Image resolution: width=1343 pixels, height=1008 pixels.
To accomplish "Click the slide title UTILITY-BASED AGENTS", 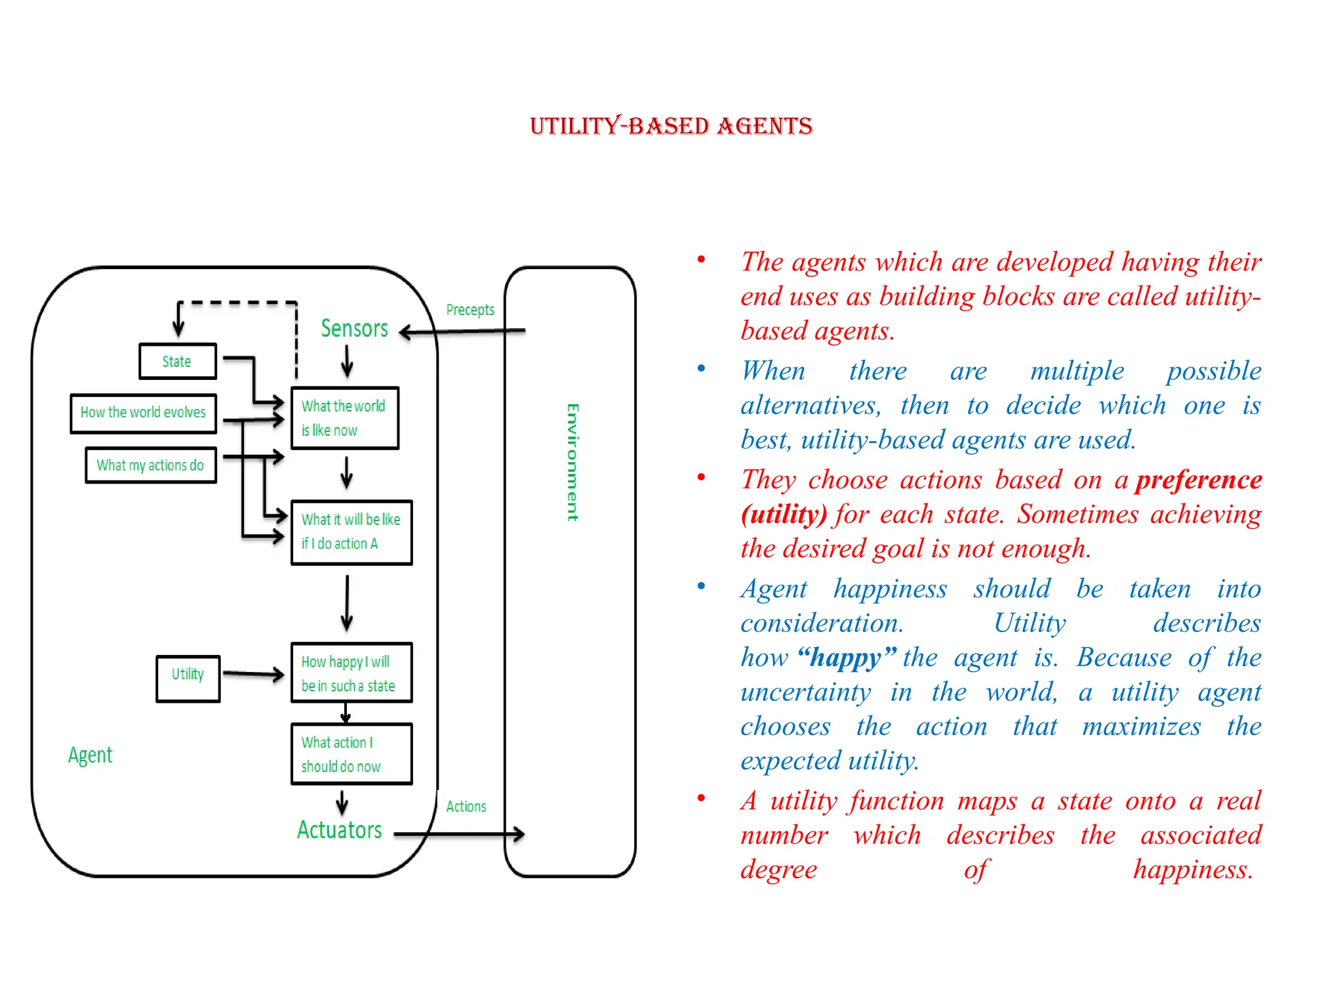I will click(x=671, y=126).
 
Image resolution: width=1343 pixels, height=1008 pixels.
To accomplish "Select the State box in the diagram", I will click(x=177, y=362).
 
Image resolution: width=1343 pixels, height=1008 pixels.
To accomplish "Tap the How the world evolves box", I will click(x=143, y=413).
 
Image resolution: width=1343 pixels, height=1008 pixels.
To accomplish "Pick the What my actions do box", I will click(x=150, y=465).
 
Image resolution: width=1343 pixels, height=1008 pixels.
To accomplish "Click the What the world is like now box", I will click(x=345, y=418).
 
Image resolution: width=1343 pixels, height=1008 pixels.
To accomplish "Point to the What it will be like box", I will click(x=351, y=532).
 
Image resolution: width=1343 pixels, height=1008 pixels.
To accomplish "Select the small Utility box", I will click(x=188, y=678).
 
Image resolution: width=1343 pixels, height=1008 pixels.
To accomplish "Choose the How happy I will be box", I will click(x=351, y=673).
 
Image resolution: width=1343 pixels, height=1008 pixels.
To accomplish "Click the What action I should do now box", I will click(x=351, y=754).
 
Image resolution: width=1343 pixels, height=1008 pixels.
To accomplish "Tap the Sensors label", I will click(x=354, y=328).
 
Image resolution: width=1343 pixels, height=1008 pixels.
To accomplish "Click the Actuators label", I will click(x=339, y=830).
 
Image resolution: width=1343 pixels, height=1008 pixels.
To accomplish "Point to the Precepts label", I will click(x=470, y=310).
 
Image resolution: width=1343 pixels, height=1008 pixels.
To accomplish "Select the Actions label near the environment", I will click(x=466, y=807).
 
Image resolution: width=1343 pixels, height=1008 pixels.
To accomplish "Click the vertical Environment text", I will click(x=572, y=462).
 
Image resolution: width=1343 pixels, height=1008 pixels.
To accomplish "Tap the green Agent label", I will click(x=90, y=755).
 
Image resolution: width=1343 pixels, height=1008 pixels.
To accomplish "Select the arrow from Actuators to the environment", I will click(x=459, y=834).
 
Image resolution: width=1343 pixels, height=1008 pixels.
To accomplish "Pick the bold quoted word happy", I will click(x=847, y=658).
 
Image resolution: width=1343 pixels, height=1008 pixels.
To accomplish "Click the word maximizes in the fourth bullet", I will click(x=1141, y=726).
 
